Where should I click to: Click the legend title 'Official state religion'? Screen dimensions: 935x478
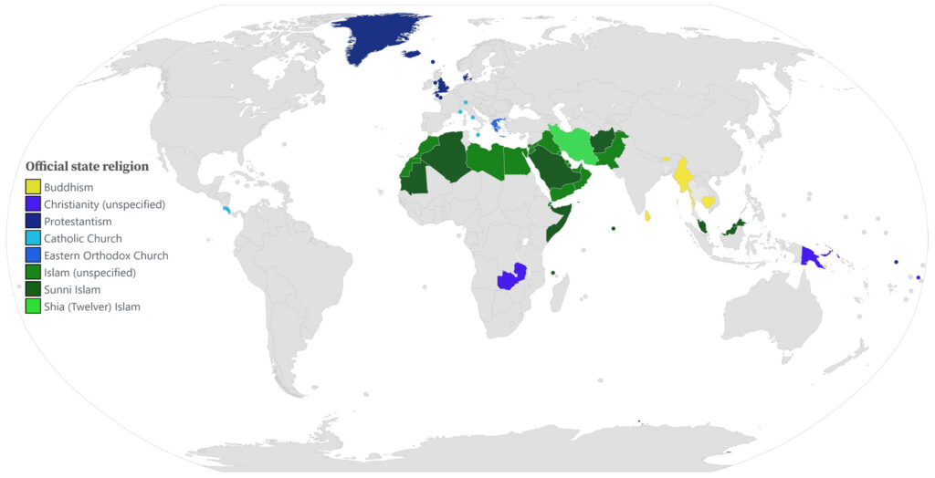click(87, 167)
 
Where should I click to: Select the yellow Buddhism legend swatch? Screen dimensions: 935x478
click(33, 187)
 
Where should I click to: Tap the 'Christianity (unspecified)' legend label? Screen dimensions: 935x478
click(104, 204)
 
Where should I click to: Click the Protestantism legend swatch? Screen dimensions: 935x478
click(33, 222)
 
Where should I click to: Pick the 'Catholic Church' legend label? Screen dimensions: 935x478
click(83, 239)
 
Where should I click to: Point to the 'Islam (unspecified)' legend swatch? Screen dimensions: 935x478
click(33, 273)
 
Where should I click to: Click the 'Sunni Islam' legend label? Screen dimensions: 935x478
click(72, 290)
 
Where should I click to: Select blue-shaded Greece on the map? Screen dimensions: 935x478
click(497, 124)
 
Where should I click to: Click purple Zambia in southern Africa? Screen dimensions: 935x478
click(512, 276)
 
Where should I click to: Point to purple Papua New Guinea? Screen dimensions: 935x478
click(812, 255)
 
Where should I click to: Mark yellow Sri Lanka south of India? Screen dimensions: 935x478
click(648, 215)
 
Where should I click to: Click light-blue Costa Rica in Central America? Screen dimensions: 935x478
click(226, 210)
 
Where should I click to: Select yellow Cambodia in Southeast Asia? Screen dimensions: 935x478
click(708, 202)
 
